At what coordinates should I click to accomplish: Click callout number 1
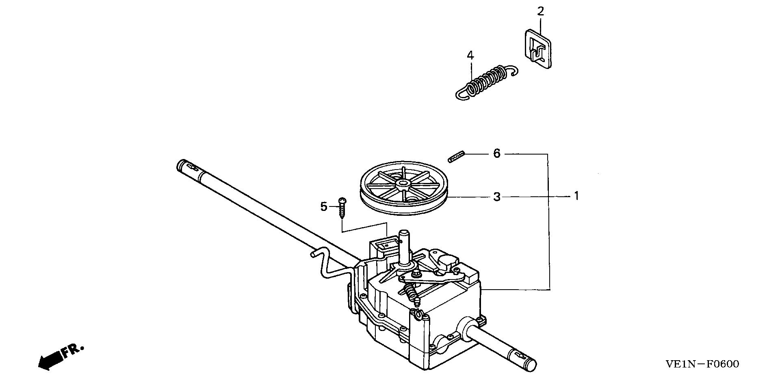pyautogui.click(x=576, y=196)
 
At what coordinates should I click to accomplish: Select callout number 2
pyautogui.click(x=540, y=11)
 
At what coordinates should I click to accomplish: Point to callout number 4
pyautogui.click(x=470, y=55)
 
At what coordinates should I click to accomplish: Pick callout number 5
pyautogui.click(x=324, y=207)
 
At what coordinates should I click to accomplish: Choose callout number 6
pyautogui.click(x=497, y=154)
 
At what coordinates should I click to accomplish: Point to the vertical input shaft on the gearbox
pyautogui.click(x=405, y=247)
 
